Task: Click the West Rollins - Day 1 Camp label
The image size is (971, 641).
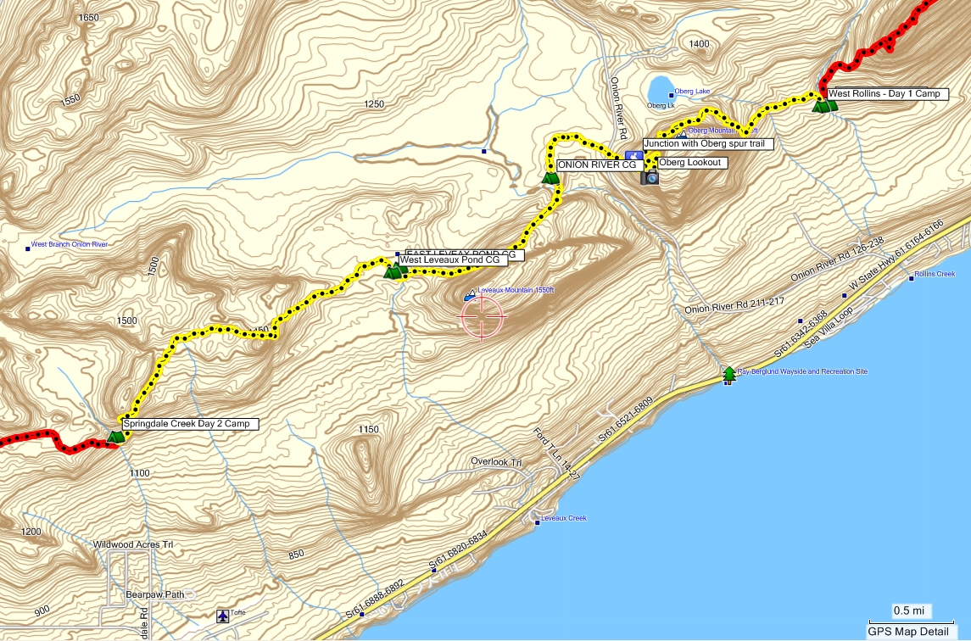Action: point(884,94)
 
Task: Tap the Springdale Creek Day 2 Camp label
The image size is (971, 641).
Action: point(189,423)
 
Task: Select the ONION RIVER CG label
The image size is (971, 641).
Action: point(596,165)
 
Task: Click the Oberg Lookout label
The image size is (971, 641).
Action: point(691,163)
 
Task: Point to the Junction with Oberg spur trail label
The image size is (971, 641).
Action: point(708,144)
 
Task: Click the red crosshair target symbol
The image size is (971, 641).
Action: point(483,318)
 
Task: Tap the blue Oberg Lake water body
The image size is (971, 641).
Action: point(658,88)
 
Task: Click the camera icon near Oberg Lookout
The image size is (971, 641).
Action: point(651,177)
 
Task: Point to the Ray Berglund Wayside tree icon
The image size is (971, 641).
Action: point(728,374)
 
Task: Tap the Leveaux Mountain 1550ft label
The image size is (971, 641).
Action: point(515,290)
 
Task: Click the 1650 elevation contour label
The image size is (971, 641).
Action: point(87,18)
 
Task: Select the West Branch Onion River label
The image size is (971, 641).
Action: point(69,245)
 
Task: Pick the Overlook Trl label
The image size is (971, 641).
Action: point(495,462)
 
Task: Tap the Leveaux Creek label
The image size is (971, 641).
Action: point(564,518)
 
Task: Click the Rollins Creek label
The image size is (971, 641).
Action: point(935,274)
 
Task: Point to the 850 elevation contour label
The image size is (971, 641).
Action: point(296,555)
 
